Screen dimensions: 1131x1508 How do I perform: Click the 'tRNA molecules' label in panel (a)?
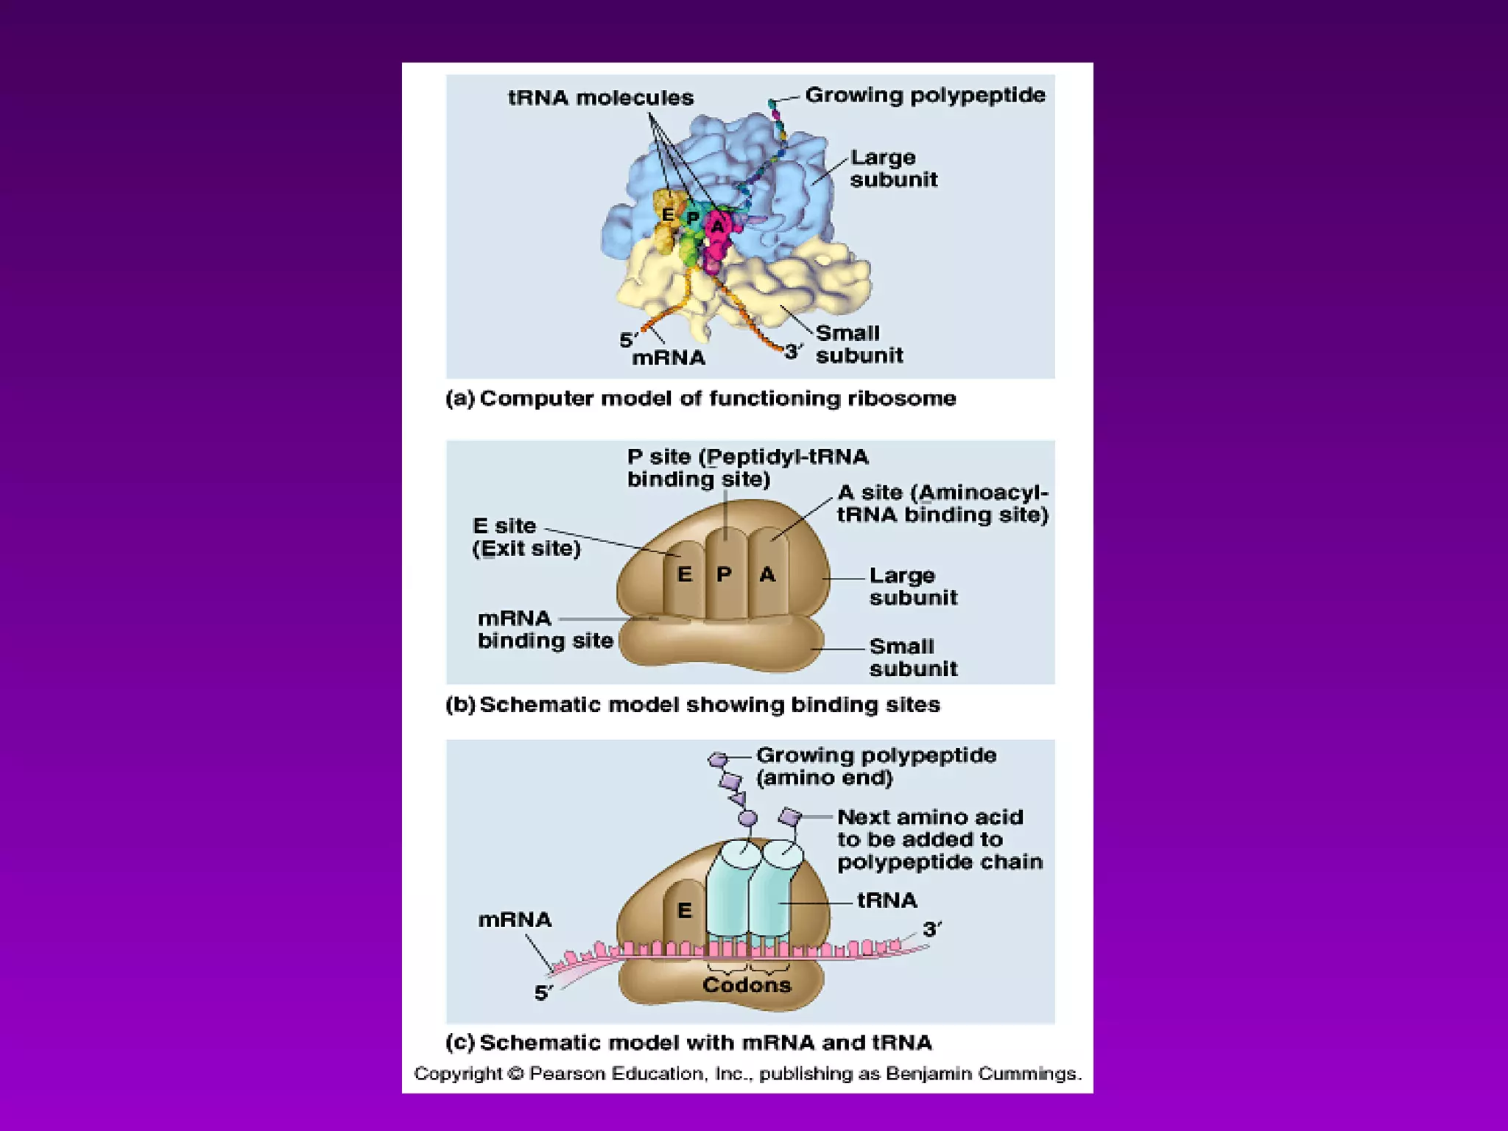click(600, 98)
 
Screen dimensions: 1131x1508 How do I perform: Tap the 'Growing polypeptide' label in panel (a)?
click(925, 95)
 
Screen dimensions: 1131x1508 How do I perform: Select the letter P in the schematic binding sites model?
click(724, 574)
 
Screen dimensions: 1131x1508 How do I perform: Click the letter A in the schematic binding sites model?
click(767, 574)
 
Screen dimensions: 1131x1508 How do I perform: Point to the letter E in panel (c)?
click(685, 911)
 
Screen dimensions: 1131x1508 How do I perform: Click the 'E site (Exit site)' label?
click(526, 537)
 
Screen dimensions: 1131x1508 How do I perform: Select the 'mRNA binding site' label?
click(545, 630)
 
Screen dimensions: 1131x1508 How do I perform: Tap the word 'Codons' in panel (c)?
click(747, 985)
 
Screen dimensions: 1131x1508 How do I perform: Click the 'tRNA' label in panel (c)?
click(887, 901)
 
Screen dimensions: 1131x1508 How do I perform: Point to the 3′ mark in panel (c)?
click(931, 929)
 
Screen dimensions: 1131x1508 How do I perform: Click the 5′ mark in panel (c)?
click(543, 993)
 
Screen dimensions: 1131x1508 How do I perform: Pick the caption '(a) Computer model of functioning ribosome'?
click(700, 398)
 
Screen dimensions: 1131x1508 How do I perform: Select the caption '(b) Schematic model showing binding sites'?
click(692, 705)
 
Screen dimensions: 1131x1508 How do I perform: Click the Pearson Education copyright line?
click(747, 1074)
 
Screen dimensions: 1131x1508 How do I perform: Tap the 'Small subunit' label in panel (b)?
click(913, 658)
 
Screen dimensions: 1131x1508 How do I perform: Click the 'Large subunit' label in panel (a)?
click(893, 169)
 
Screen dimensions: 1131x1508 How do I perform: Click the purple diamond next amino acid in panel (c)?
click(790, 817)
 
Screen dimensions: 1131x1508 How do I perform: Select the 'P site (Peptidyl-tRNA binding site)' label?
click(747, 468)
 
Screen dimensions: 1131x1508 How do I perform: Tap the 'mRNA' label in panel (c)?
click(515, 920)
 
